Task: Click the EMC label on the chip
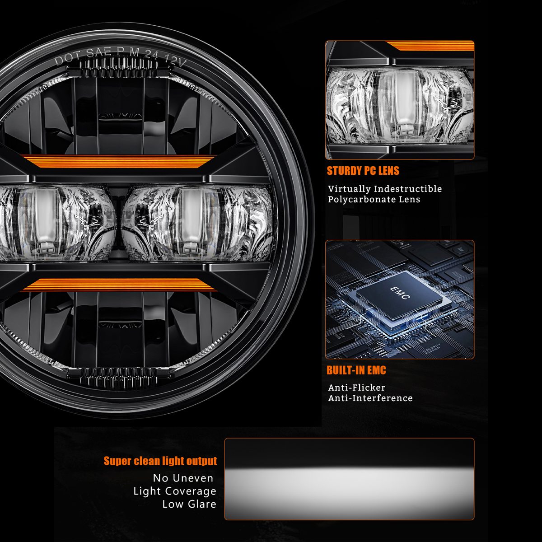point(400,293)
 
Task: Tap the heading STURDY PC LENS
point(363,171)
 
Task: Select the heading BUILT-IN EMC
point(356,370)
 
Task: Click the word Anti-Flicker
point(357,388)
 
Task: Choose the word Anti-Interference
point(370,398)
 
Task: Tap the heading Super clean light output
point(160,461)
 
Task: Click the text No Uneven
point(183,478)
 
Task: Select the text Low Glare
point(189,504)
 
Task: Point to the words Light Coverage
point(175,491)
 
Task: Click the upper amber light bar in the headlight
point(118,161)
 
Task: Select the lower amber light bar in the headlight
point(118,285)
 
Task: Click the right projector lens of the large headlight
point(198,223)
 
